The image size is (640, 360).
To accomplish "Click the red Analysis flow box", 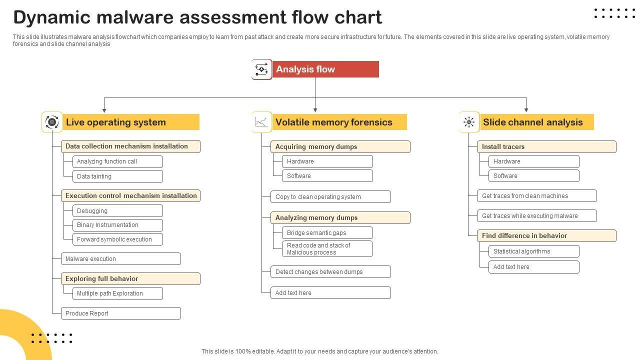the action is click(x=325, y=69).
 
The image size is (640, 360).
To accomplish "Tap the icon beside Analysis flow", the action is click(x=261, y=69).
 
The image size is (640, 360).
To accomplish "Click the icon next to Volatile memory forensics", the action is click(x=261, y=122).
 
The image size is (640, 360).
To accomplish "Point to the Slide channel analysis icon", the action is click(x=469, y=122).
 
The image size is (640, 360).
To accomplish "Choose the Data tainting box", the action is click(x=117, y=176).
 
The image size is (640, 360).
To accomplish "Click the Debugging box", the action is click(x=117, y=211).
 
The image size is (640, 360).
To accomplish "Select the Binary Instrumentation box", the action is click(x=117, y=225).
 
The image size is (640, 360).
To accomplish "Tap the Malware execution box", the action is click(x=121, y=259).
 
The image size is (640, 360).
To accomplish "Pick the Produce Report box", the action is click(x=121, y=313).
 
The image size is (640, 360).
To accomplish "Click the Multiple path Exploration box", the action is click(x=117, y=293).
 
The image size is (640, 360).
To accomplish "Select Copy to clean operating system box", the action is click(x=330, y=197).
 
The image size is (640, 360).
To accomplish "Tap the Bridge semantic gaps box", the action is click(x=327, y=233).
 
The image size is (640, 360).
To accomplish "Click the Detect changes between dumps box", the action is click(x=330, y=271).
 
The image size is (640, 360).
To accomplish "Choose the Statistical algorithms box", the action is click(x=533, y=251).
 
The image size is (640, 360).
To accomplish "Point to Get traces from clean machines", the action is click(x=537, y=196).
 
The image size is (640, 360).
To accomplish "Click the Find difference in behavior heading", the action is click(x=546, y=235).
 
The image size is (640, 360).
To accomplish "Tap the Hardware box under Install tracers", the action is click(x=533, y=161).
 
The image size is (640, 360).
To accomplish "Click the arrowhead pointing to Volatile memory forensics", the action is click(x=315, y=110).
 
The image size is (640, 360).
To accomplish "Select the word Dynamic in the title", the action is click(x=51, y=17).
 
